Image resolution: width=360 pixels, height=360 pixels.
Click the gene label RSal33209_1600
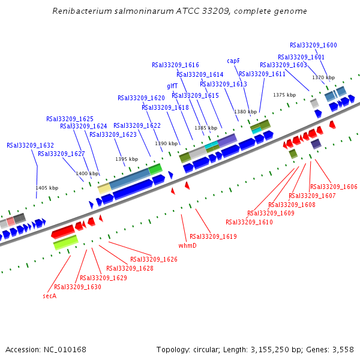click(x=313, y=45)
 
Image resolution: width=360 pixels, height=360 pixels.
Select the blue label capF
click(x=233, y=61)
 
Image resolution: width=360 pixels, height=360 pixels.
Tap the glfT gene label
click(x=172, y=86)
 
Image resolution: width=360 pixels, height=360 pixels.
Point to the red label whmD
click(x=188, y=245)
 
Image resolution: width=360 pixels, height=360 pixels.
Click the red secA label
click(x=49, y=296)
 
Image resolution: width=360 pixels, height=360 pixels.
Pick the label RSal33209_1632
click(x=30, y=145)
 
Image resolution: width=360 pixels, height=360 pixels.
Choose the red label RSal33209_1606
click(x=334, y=187)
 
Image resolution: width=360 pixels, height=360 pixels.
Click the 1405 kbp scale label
click(x=47, y=188)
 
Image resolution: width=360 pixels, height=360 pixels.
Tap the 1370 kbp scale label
click(x=323, y=78)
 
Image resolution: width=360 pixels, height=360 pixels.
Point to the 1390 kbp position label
click(x=167, y=143)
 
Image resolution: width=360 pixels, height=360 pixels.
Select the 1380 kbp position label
click(x=245, y=112)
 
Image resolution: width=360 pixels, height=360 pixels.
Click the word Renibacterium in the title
click(x=83, y=11)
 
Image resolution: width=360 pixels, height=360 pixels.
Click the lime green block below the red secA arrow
click(x=66, y=243)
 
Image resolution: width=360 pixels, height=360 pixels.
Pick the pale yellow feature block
click(x=104, y=189)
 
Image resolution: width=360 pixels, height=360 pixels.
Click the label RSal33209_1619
click(x=213, y=236)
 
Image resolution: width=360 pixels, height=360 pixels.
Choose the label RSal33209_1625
click(x=70, y=119)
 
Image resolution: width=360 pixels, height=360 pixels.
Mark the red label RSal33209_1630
click(x=77, y=287)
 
